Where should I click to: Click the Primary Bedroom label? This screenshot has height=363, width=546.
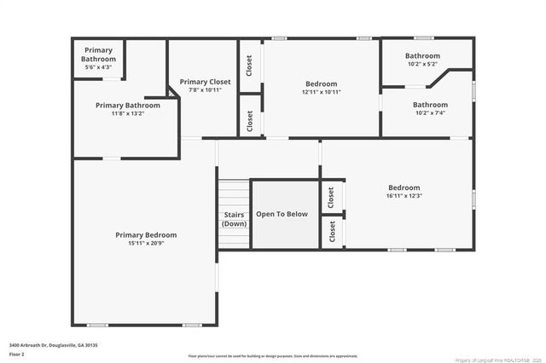coord(146,235)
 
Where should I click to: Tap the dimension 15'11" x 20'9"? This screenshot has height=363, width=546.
coord(146,243)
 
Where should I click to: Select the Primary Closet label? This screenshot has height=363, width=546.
coord(200,82)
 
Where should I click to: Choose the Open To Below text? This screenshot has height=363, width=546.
coord(283,214)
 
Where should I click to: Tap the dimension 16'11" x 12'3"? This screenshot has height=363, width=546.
coord(404,195)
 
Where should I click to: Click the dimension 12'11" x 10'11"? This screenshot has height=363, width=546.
coord(322,92)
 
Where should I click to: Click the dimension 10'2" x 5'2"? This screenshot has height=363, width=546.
coord(422,64)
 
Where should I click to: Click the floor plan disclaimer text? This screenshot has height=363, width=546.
coord(273,355)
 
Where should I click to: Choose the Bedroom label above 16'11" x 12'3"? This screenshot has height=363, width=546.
coord(404,187)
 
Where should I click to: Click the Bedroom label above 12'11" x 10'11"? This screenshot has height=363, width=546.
coord(322,84)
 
